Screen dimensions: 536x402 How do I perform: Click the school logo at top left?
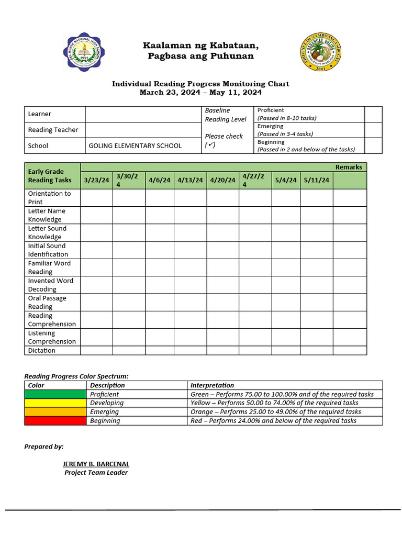click(84, 51)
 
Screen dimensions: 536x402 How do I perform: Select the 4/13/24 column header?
click(190, 180)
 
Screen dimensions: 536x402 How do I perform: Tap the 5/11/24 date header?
click(316, 180)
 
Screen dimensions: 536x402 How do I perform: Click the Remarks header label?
click(349, 167)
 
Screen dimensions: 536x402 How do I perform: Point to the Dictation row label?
click(42, 350)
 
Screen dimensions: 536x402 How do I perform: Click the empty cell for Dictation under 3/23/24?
click(96, 350)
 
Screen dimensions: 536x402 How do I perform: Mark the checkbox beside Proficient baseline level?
click(373, 114)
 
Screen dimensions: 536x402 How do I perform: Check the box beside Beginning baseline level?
click(373, 146)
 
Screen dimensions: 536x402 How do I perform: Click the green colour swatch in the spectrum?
click(55, 394)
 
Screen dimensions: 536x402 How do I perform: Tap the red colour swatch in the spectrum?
click(55, 420)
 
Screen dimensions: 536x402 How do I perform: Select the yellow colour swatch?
click(55, 403)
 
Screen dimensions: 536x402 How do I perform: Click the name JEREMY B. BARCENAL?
click(96, 464)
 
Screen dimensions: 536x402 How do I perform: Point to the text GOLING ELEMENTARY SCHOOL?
click(135, 146)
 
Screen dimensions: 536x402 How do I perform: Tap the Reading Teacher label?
click(53, 130)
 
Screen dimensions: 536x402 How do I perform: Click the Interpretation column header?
click(212, 385)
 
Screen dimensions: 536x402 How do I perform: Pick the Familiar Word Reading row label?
click(49, 267)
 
